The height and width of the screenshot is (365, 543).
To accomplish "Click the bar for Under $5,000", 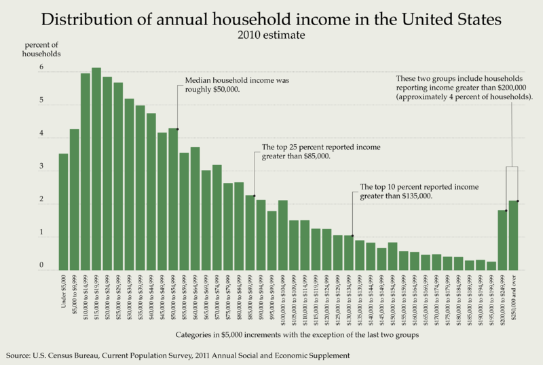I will (63, 211).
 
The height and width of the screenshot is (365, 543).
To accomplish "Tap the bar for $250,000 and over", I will (513, 234).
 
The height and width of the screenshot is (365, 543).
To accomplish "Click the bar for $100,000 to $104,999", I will (283, 234).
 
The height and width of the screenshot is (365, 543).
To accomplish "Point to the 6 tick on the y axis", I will (42, 68).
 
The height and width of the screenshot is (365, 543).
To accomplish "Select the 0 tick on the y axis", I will (42, 266).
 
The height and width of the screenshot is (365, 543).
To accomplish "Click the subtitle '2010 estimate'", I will (271, 34).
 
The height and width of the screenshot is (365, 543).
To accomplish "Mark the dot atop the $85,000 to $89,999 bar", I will (254, 196).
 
